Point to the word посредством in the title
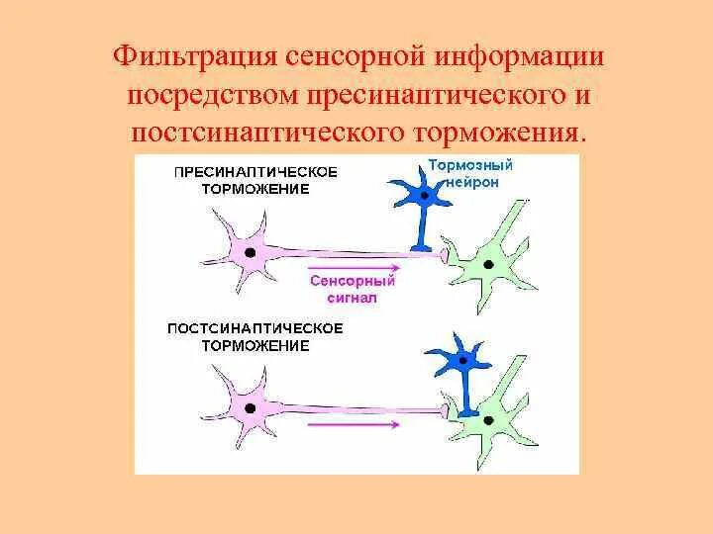pos(211,95)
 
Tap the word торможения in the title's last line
pos(501,132)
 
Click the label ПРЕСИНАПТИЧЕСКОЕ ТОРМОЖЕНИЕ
pos(255,179)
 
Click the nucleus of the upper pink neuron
pos(252,252)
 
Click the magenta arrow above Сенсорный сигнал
pos(355,267)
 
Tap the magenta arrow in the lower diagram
pos(355,424)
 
